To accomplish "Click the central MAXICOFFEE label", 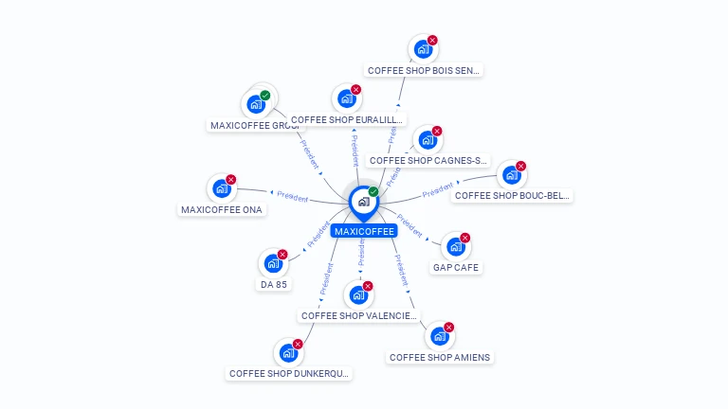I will pos(364,231).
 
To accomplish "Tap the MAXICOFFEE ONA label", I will pos(222,210).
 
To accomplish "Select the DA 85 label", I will pos(274,284).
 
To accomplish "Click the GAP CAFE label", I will pos(457,268).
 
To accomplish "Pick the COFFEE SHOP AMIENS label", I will pos(440,357).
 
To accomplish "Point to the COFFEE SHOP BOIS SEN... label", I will pos(424,70).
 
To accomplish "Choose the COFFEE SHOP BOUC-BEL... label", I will pos(512,196).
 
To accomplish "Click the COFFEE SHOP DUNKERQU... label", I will pos(289,374).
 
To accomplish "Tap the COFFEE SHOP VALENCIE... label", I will pos(357,315).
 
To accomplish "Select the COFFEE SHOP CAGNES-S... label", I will pos(428,161).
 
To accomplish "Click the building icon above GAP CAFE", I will pos(456,247).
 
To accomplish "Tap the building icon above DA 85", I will pos(273,263).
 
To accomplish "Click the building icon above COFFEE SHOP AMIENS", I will pos(439,336).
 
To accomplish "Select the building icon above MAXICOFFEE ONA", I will pos(222,188).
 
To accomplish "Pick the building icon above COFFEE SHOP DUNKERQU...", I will pos(288,353).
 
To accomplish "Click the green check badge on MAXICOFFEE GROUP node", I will pos(265,95).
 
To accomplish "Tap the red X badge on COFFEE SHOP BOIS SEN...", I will pos(432,41).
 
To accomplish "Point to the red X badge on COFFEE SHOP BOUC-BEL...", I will pos(520,167).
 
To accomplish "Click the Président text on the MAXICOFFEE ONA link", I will pos(293,198).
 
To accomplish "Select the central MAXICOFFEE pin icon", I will pos(363,202).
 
